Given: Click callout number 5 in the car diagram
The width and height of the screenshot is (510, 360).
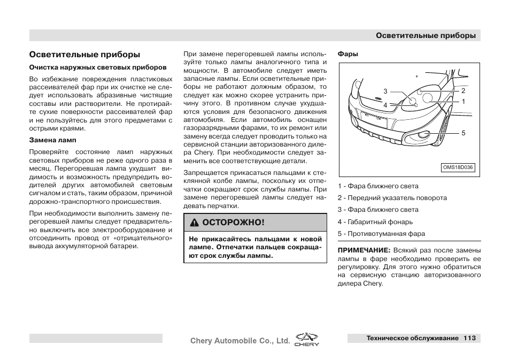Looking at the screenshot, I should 463,133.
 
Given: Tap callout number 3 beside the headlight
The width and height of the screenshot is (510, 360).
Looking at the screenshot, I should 385,92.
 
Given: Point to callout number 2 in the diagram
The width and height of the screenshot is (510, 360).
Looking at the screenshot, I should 463,91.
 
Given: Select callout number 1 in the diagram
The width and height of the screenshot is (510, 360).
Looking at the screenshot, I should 463,101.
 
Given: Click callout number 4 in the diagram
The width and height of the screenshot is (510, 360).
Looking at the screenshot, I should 385,105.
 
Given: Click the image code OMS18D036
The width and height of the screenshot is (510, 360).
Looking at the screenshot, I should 458,167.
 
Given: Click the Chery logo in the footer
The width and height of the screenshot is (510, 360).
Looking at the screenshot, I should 307,340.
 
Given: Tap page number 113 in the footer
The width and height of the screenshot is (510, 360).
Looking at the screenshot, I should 470,338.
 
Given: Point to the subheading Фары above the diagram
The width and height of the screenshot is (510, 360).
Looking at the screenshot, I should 347,54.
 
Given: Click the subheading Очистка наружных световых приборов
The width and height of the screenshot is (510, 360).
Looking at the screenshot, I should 98,67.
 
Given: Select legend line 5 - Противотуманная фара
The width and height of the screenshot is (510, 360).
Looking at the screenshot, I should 381,234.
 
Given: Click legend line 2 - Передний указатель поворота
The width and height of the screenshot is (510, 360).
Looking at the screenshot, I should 392,198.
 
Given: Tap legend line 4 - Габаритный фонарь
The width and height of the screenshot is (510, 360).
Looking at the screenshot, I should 375,222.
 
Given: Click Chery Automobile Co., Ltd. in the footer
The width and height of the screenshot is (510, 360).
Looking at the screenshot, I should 241,340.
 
